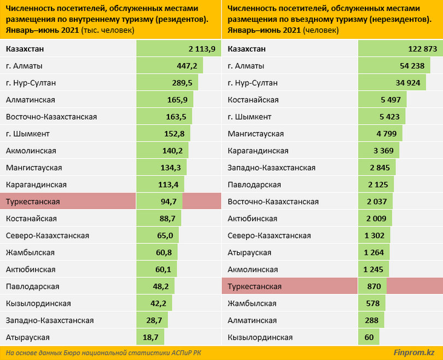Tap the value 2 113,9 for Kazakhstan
(202, 49)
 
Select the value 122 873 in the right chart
(423, 49)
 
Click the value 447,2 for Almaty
(186, 66)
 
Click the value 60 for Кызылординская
(369, 338)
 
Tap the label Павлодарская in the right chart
(253, 185)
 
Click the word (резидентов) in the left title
(181, 20)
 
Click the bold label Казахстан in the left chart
(25, 49)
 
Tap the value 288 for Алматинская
(371, 321)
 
